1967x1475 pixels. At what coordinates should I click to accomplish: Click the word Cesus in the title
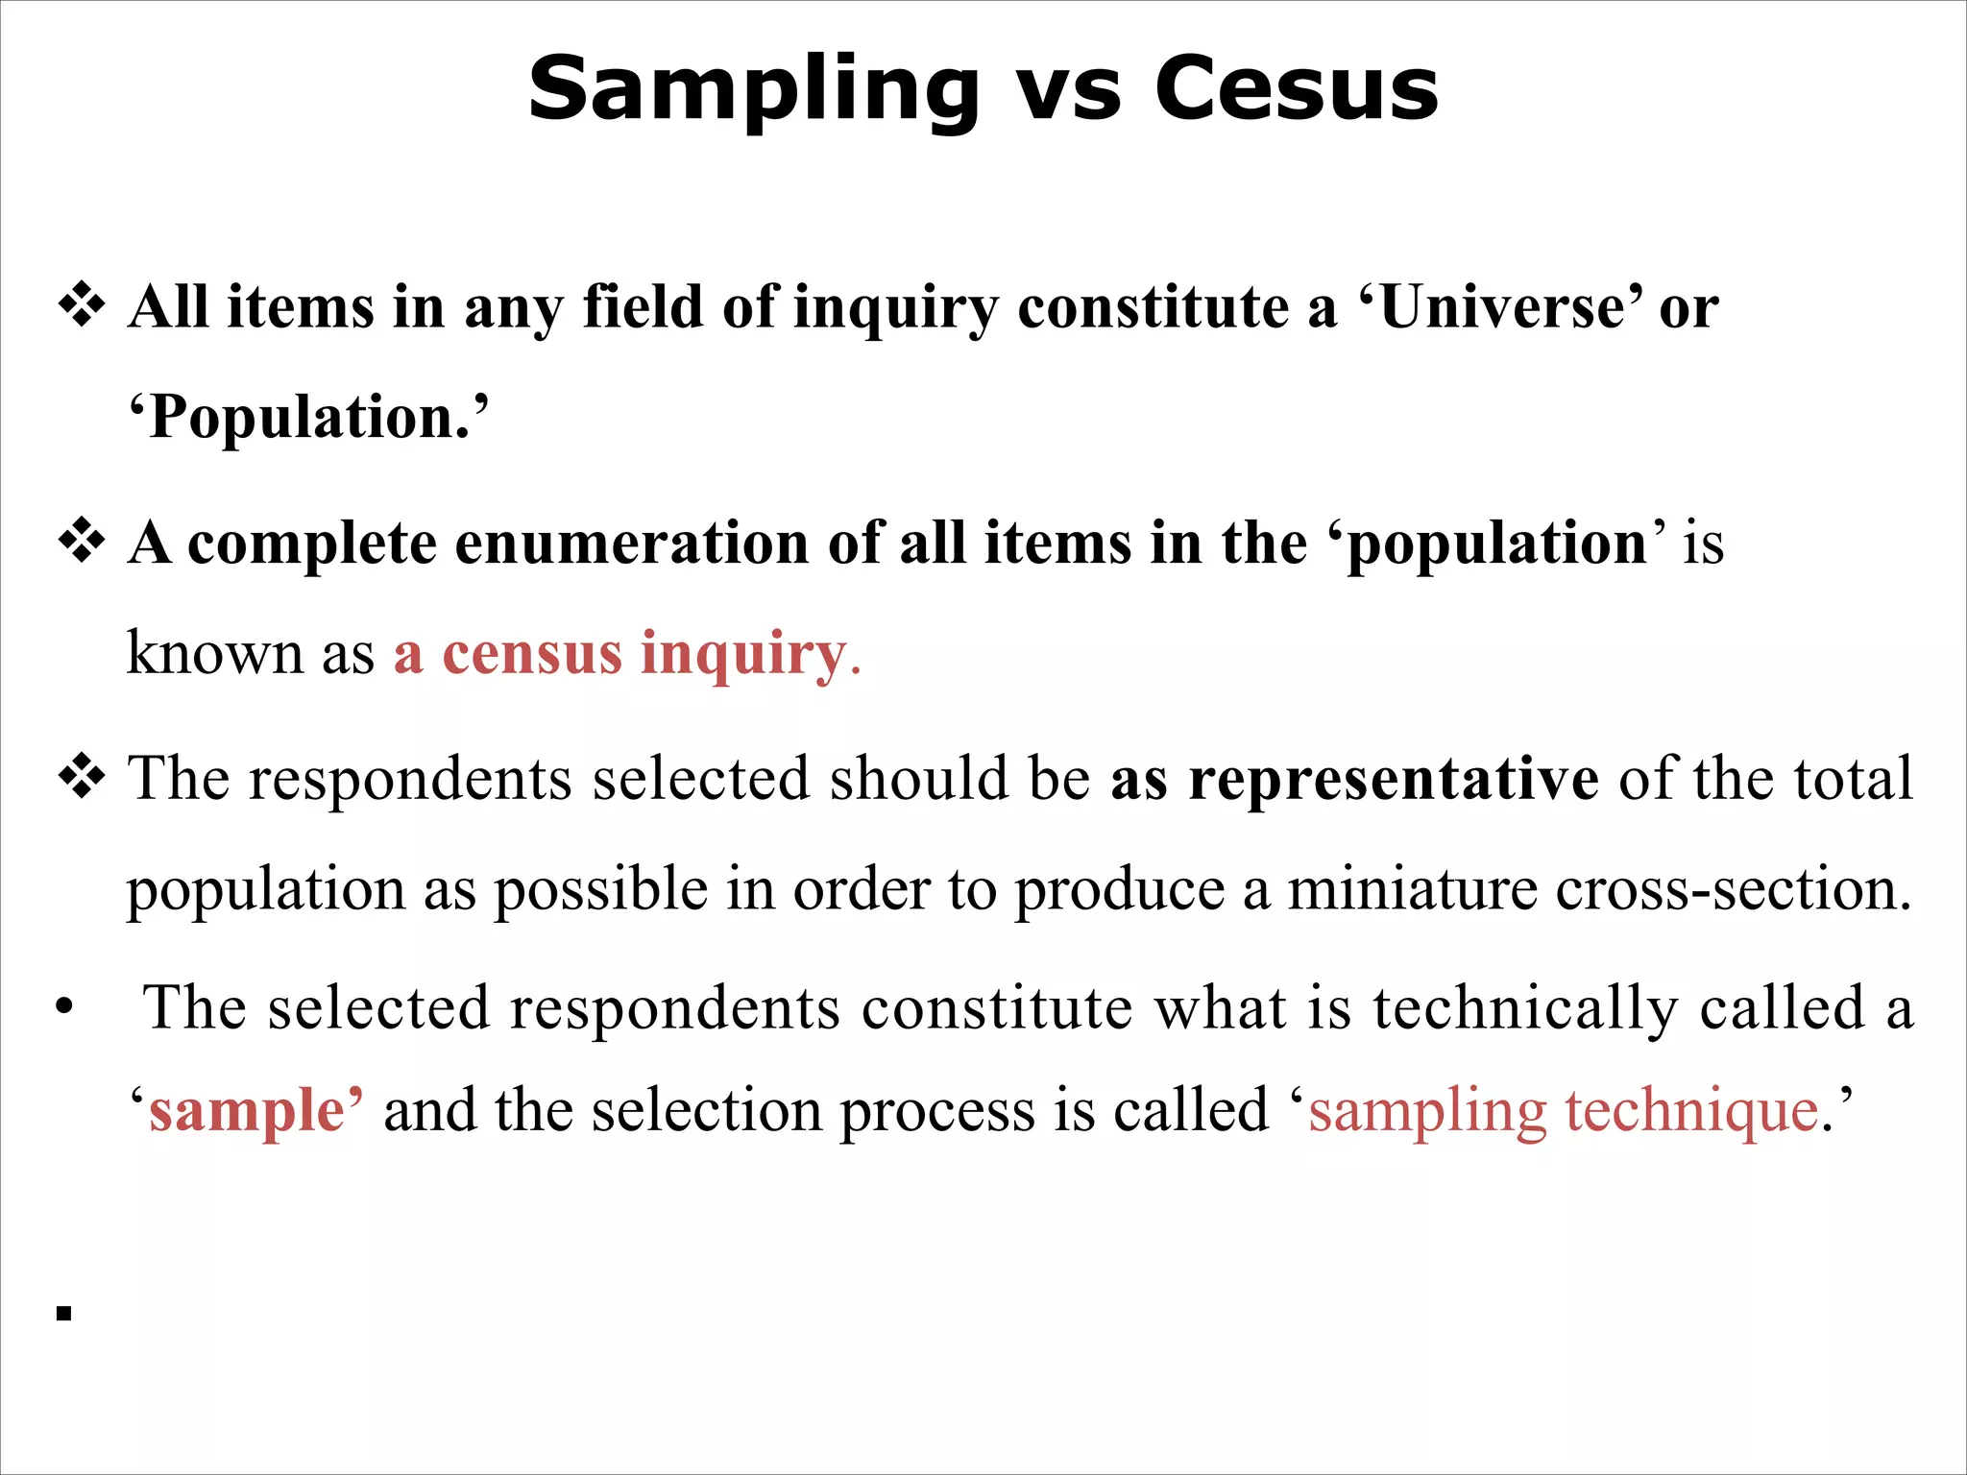pyautogui.click(x=1296, y=88)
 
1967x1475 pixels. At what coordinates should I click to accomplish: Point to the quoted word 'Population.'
pyautogui.click(x=308, y=418)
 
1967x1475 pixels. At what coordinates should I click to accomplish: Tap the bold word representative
pyautogui.click(x=1394, y=778)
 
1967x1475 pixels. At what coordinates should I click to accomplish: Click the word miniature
pyautogui.click(x=1412, y=888)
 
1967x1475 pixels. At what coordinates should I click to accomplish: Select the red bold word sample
pyautogui.click(x=248, y=1111)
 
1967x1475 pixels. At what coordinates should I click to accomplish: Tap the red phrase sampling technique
pyautogui.click(x=1564, y=1111)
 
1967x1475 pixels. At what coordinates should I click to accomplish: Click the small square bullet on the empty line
pyautogui.click(x=64, y=1314)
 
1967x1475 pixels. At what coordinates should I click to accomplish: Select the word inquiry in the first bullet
pyautogui.click(x=896, y=309)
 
